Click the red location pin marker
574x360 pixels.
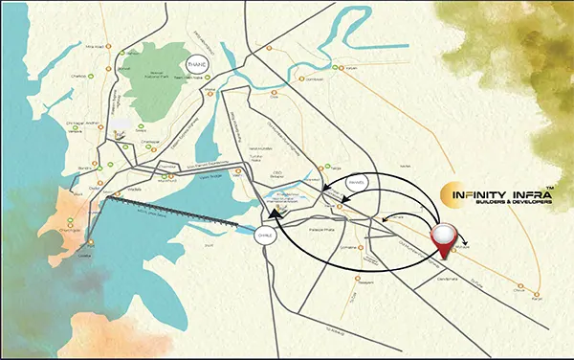coord(446,234)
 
